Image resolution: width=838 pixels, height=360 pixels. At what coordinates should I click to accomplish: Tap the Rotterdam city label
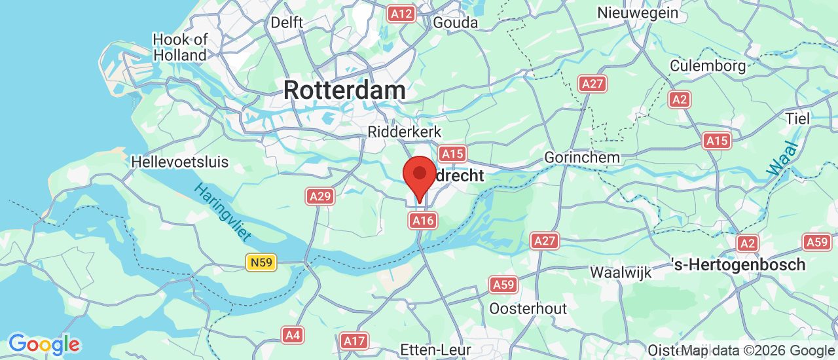pyautogui.click(x=344, y=90)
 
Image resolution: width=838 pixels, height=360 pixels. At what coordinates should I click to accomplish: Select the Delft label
pyautogui.click(x=287, y=22)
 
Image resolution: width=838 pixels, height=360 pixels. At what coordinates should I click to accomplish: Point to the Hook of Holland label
pyautogui.click(x=179, y=47)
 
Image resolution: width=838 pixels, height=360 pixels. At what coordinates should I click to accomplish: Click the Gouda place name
pyautogui.click(x=456, y=22)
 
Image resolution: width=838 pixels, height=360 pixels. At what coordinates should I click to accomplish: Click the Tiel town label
pyautogui.click(x=799, y=118)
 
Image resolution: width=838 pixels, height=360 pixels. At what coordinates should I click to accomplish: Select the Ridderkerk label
pyautogui.click(x=405, y=132)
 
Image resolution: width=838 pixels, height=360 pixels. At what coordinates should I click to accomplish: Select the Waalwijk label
pyautogui.click(x=621, y=272)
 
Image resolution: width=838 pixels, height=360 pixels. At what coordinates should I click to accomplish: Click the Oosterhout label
pyautogui.click(x=528, y=308)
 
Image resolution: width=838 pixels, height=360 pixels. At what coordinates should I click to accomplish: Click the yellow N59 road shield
pyautogui.click(x=262, y=262)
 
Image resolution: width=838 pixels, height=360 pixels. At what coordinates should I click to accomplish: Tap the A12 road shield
pyautogui.click(x=401, y=14)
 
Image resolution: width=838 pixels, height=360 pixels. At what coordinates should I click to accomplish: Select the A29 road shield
pyautogui.click(x=320, y=196)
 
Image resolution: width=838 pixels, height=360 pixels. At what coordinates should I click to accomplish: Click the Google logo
pyautogui.click(x=44, y=344)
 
